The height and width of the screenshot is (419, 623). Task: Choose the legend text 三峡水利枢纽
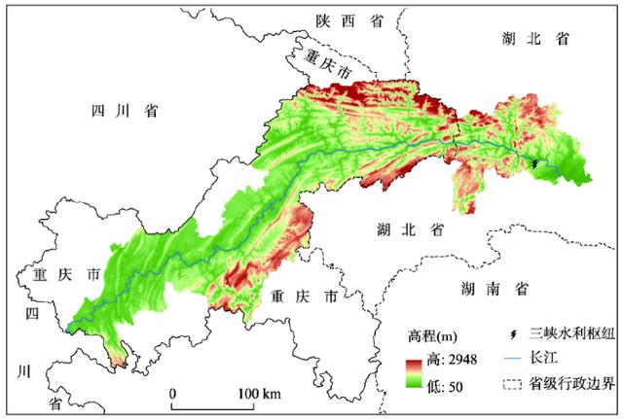click(569, 336)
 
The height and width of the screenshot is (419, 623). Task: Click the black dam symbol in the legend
click(512, 336)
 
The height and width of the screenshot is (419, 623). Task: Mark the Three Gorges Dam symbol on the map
click(534, 164)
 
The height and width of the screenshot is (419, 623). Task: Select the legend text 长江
click(543, 360)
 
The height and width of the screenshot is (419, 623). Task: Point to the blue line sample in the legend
click(512, 360)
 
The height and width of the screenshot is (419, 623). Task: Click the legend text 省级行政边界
click(569, 383)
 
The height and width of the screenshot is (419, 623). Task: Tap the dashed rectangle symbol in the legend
click(512, 383)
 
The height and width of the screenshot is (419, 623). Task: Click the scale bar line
click(215, 402)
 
